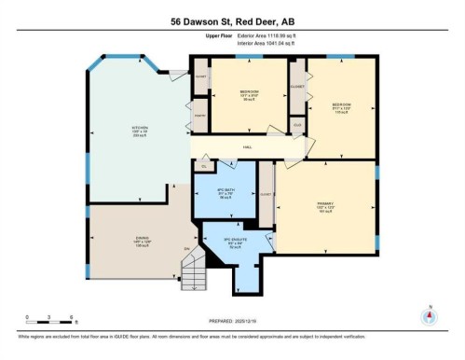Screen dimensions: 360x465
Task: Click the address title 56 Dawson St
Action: pyautogui.click(x=232, y=20)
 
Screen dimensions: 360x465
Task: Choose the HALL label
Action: pyautogui.click(x=248, y=147)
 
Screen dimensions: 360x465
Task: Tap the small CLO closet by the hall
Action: pyautogui.click(x=297, y=125)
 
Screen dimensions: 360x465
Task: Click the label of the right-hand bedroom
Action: pyautogui.click(x=341, y=106)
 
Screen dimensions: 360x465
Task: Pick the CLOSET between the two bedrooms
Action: pyautogui.click(x=296, y=87)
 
